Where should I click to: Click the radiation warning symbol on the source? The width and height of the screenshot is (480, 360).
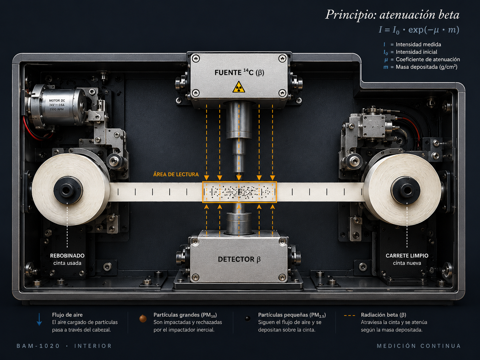(239, 87)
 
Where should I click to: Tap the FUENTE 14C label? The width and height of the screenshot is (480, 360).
(239, 72)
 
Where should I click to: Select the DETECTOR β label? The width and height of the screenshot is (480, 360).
(239, 259)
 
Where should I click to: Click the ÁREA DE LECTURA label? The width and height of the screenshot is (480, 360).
(176, 174)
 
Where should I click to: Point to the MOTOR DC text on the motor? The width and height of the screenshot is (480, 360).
(57, 100)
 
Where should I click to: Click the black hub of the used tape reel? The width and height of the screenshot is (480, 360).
(68, 190)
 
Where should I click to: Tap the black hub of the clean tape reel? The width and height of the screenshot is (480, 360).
(406, 190)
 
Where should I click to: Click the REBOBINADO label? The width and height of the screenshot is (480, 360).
(67, 256)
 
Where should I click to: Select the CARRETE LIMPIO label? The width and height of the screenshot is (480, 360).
(407, 256)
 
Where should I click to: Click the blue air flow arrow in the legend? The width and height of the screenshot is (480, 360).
(39, 320)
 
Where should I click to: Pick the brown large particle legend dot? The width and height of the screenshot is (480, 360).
(143, 319)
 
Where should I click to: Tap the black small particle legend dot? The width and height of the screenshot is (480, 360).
(248, 319)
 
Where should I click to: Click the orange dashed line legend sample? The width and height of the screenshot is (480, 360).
(349, 316)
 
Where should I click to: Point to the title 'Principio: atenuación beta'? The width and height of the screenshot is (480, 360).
(392, 15)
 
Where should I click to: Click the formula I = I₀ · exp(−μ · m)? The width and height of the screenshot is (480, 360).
(419, 30)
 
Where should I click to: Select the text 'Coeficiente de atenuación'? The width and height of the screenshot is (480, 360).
(428, 59)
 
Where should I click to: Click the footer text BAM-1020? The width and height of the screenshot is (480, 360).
(38, 346)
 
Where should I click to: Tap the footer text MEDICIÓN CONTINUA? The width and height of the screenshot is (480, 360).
(419, 346)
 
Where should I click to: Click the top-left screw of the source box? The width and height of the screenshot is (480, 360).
(195, 59)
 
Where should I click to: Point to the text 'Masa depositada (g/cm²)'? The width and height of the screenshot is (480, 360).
(426, 67)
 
